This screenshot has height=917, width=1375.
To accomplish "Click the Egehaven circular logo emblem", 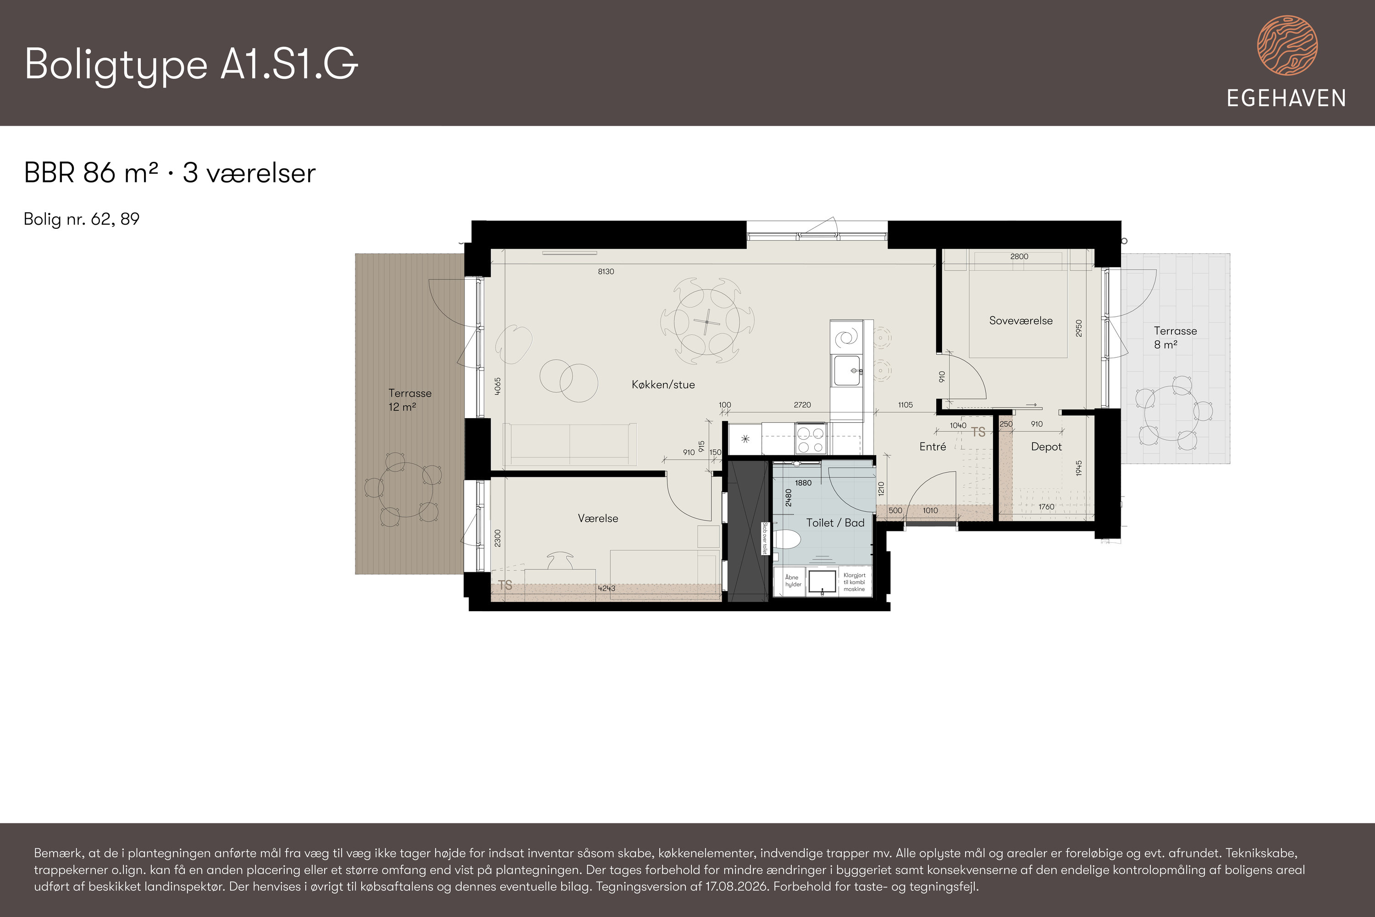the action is pos(1287,45).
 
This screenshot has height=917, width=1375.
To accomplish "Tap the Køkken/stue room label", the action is pos(663,384).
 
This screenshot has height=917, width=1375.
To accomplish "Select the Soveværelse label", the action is pos(1021,320).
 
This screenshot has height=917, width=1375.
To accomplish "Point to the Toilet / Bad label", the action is pos(835,523).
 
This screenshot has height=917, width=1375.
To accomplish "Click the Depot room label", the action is pos(1046,447).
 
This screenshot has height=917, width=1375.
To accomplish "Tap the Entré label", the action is pos(932,447).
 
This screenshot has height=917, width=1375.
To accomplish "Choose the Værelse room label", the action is pos(598,518).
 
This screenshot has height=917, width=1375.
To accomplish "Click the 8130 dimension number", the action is pos(606,271).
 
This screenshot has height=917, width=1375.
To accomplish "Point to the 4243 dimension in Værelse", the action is pos(607,588).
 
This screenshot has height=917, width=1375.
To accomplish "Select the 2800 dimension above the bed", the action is pos(1019,256).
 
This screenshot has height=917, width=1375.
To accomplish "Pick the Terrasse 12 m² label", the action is pos(409,400).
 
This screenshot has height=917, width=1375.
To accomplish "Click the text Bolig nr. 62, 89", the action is pos(81,219).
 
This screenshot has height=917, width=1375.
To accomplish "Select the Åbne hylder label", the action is pos(793,581).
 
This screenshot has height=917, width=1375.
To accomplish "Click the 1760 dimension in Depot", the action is pos(1046,507).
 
